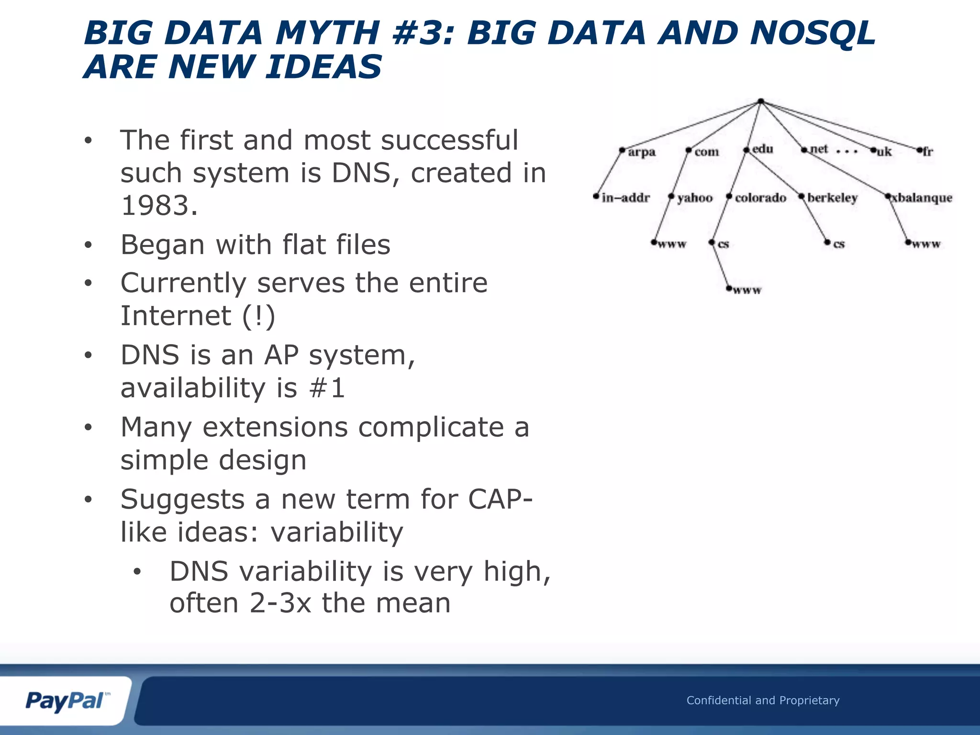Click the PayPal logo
coord(67,701)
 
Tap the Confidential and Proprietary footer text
coord(763,701)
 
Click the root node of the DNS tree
coord(761,101)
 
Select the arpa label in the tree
coord(641,152)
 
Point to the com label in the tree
coord(706,152)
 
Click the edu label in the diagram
coord(763,149)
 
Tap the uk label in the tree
coord(884,152)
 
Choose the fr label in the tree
coord(927,152)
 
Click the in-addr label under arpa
coord(625,198)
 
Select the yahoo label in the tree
coord(695,198)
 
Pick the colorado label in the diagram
coord(760,198)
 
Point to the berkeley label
coord(832,198)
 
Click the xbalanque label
coord(922,198)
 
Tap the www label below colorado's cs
coord(746,290)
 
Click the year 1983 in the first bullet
coord(159,206)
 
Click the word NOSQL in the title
coord(813,33)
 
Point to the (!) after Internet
coord(258,316)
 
